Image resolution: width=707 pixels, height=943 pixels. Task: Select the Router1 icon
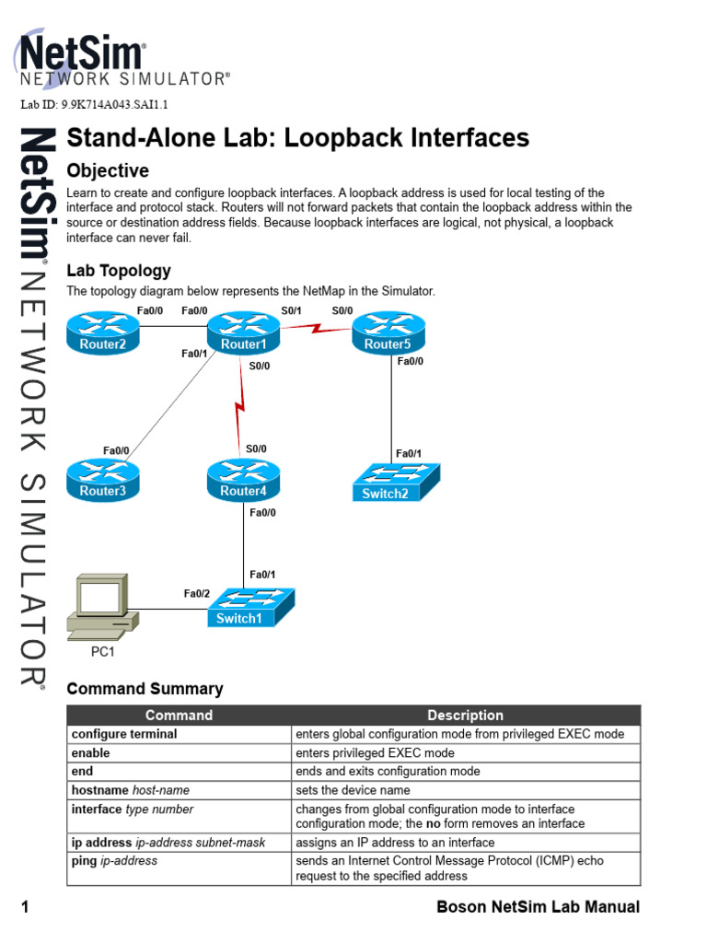pyautogui.click(x=243, y=332)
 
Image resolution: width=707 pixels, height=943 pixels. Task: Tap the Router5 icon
pyautogui.click(x=388, y=332)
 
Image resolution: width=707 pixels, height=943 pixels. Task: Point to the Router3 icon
pyautogui.click(x=102, y=478)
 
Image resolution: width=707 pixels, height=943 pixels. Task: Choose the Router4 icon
pyautogui.click(x=243, y=478)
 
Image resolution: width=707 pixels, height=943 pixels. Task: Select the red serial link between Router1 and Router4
pyautogui.click(x=242, y=405)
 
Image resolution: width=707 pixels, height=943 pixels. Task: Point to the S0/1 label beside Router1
pyautogui.click(x=290, y=311)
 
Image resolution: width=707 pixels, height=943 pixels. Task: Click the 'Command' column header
pyautogui.click(x=179, y=716)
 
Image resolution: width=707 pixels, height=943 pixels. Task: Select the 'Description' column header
pyautogui.click(x=465, y=716)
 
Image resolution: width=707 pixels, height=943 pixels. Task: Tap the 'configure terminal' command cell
pyautogui.click(x=124, y=735)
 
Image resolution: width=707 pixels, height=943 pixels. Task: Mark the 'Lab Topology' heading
pyautogui.click(x=119, y=271)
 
